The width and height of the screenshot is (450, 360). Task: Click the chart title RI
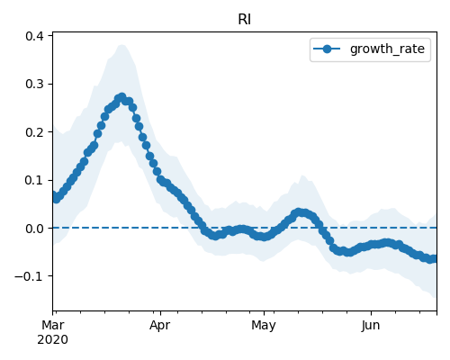(244, 20)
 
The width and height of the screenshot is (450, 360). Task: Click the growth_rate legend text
(387, 49)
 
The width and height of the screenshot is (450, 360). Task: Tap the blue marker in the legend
(327, 49)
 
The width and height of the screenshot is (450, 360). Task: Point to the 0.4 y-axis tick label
(34, 36)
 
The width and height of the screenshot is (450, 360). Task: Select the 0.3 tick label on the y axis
(34, 84)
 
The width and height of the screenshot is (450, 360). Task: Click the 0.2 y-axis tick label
(34, 132)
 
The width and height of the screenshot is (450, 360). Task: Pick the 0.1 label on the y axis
(34, 180)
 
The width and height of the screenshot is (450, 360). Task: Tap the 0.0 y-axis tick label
(34, 229)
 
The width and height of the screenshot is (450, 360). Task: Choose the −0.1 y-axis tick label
(29, 276)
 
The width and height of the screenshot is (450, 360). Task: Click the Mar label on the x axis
(53, 325)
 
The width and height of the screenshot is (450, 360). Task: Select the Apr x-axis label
(160, 326)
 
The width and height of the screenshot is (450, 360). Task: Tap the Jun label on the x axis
(371, 326)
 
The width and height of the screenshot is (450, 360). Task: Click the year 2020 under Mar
(52, 340)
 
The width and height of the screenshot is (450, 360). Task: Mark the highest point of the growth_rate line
(121, 97)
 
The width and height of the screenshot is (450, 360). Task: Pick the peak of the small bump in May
(299, 212)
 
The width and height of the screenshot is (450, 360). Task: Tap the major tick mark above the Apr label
(160, 313)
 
